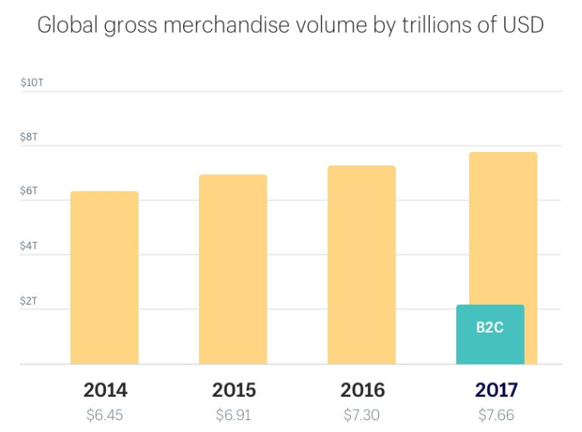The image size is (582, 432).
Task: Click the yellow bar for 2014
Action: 104,278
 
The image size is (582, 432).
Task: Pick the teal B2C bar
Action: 490,334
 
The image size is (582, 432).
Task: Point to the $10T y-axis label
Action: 33,83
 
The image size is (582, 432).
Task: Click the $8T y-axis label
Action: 30,137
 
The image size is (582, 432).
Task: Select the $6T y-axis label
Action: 30,191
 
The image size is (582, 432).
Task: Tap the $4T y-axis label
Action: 30,246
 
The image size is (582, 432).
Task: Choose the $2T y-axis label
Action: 30,301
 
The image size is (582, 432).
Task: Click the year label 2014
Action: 105,391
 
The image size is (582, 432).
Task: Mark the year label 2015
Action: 234,391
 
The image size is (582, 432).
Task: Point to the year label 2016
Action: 362,391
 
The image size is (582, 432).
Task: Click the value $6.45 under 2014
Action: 105,414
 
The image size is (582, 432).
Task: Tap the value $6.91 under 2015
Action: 234,414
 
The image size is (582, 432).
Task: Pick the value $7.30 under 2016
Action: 362,414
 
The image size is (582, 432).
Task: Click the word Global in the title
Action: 64,25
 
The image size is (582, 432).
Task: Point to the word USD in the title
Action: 521,25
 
